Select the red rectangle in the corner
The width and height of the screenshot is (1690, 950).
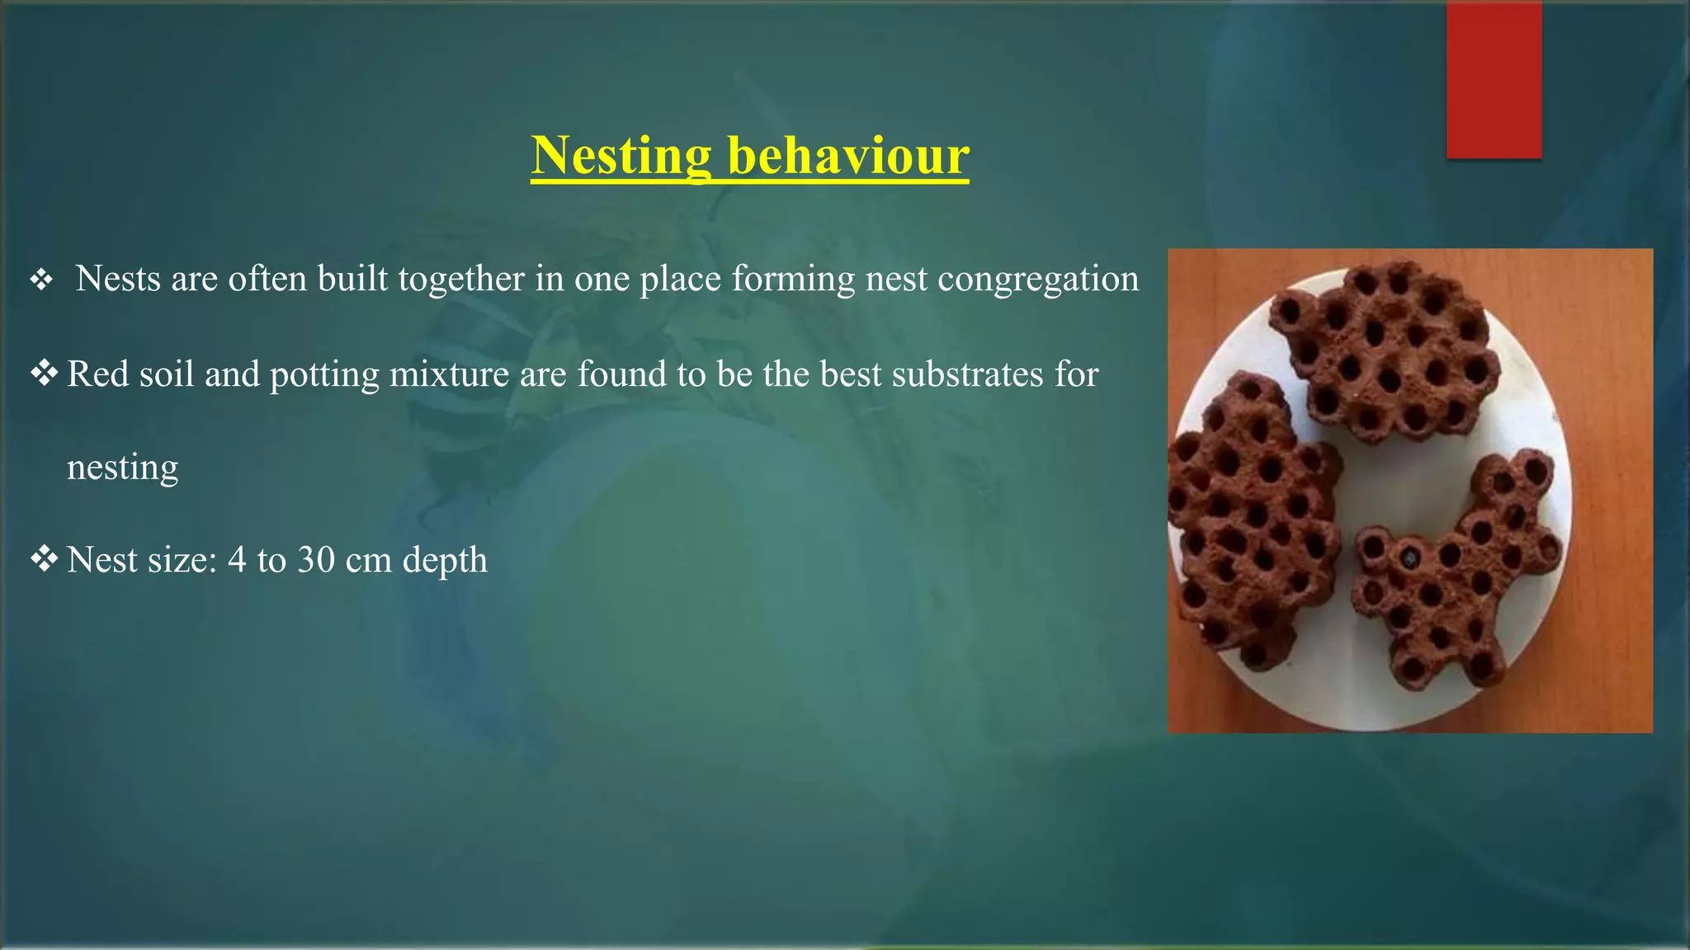click(1494, 80)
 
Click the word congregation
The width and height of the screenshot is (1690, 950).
click(1038, 280)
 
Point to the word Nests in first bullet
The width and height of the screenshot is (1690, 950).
click(118, 279)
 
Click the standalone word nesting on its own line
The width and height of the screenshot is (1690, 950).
click(122, 468)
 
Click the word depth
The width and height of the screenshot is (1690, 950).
click(445, 561)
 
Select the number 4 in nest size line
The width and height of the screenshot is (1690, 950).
click(237, 560)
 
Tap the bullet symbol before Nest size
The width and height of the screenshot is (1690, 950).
click(44, 559)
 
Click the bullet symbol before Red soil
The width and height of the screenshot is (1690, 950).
click(44, 374)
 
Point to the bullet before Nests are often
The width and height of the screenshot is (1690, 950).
click(41, 280)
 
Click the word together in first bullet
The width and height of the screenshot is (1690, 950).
click(461, 280)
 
